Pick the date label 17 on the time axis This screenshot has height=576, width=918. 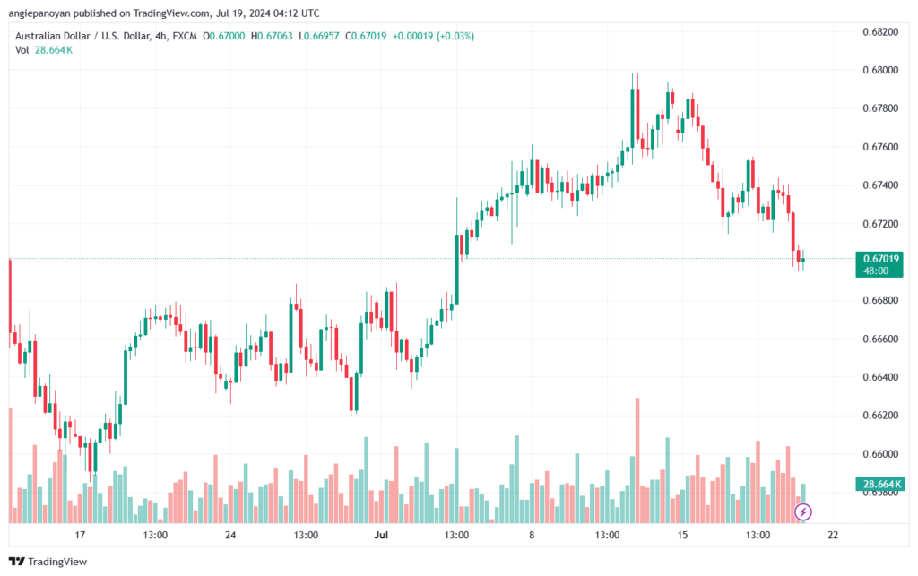[x=80, y=535]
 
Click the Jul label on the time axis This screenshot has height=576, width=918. [x=381, y=535]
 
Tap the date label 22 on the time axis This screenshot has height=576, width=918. [x=833, y=535]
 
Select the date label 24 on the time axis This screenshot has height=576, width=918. [x=230, y=535]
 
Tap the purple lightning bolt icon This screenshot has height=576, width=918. [x=804, y=512]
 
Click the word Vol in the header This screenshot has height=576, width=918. [x=22, y=50]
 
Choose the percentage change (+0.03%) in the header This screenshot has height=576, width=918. [x=455, y=36]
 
